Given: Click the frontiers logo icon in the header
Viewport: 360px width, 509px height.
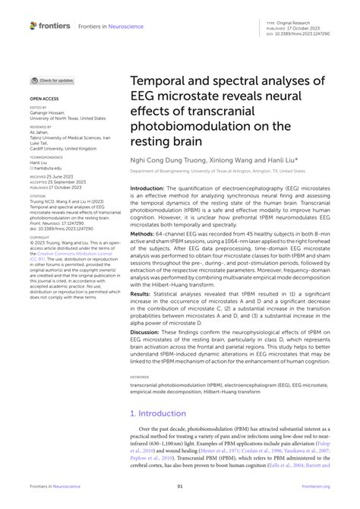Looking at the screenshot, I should pyautogui.click(x=33, y=26).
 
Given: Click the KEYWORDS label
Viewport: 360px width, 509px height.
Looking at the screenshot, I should pyautogui.click(x=140, y=377).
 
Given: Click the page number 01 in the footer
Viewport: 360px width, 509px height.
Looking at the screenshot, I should pyautogui.click(x=180, y=487).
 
